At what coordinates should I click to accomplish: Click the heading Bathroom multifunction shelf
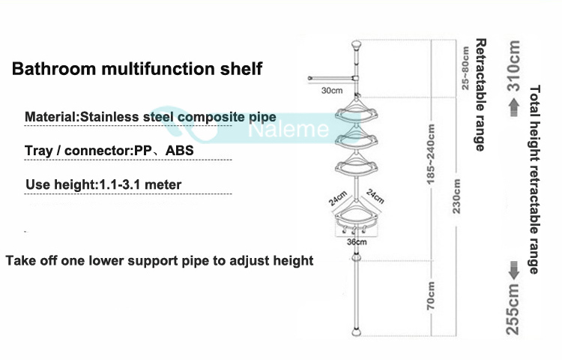[137, 70]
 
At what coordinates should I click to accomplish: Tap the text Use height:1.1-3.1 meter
[103, 184]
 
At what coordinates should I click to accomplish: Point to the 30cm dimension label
[331, 91]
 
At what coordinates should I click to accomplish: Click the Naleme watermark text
[298, 130]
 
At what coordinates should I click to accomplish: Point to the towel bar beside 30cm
[330, 78]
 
